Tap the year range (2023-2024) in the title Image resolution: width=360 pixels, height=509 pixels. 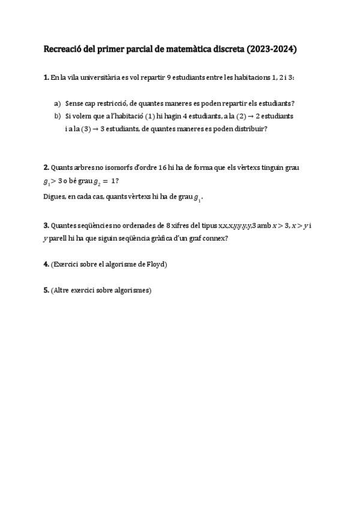(x=271, y=50)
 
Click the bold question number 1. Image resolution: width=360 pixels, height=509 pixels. (x=47, y=77)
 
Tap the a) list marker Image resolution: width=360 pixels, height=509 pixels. (x=58, y=103)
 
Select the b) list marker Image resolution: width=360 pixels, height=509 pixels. (x=58, y=116)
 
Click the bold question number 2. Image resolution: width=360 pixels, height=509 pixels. (x=47, y=167)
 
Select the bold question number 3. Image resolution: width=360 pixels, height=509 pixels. (x=47, y=225)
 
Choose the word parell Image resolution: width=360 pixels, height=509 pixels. (x=58, y=238)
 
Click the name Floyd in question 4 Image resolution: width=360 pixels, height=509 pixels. (x=154, y=264)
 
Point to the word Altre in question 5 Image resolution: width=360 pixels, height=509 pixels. (x=62, y=291)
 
